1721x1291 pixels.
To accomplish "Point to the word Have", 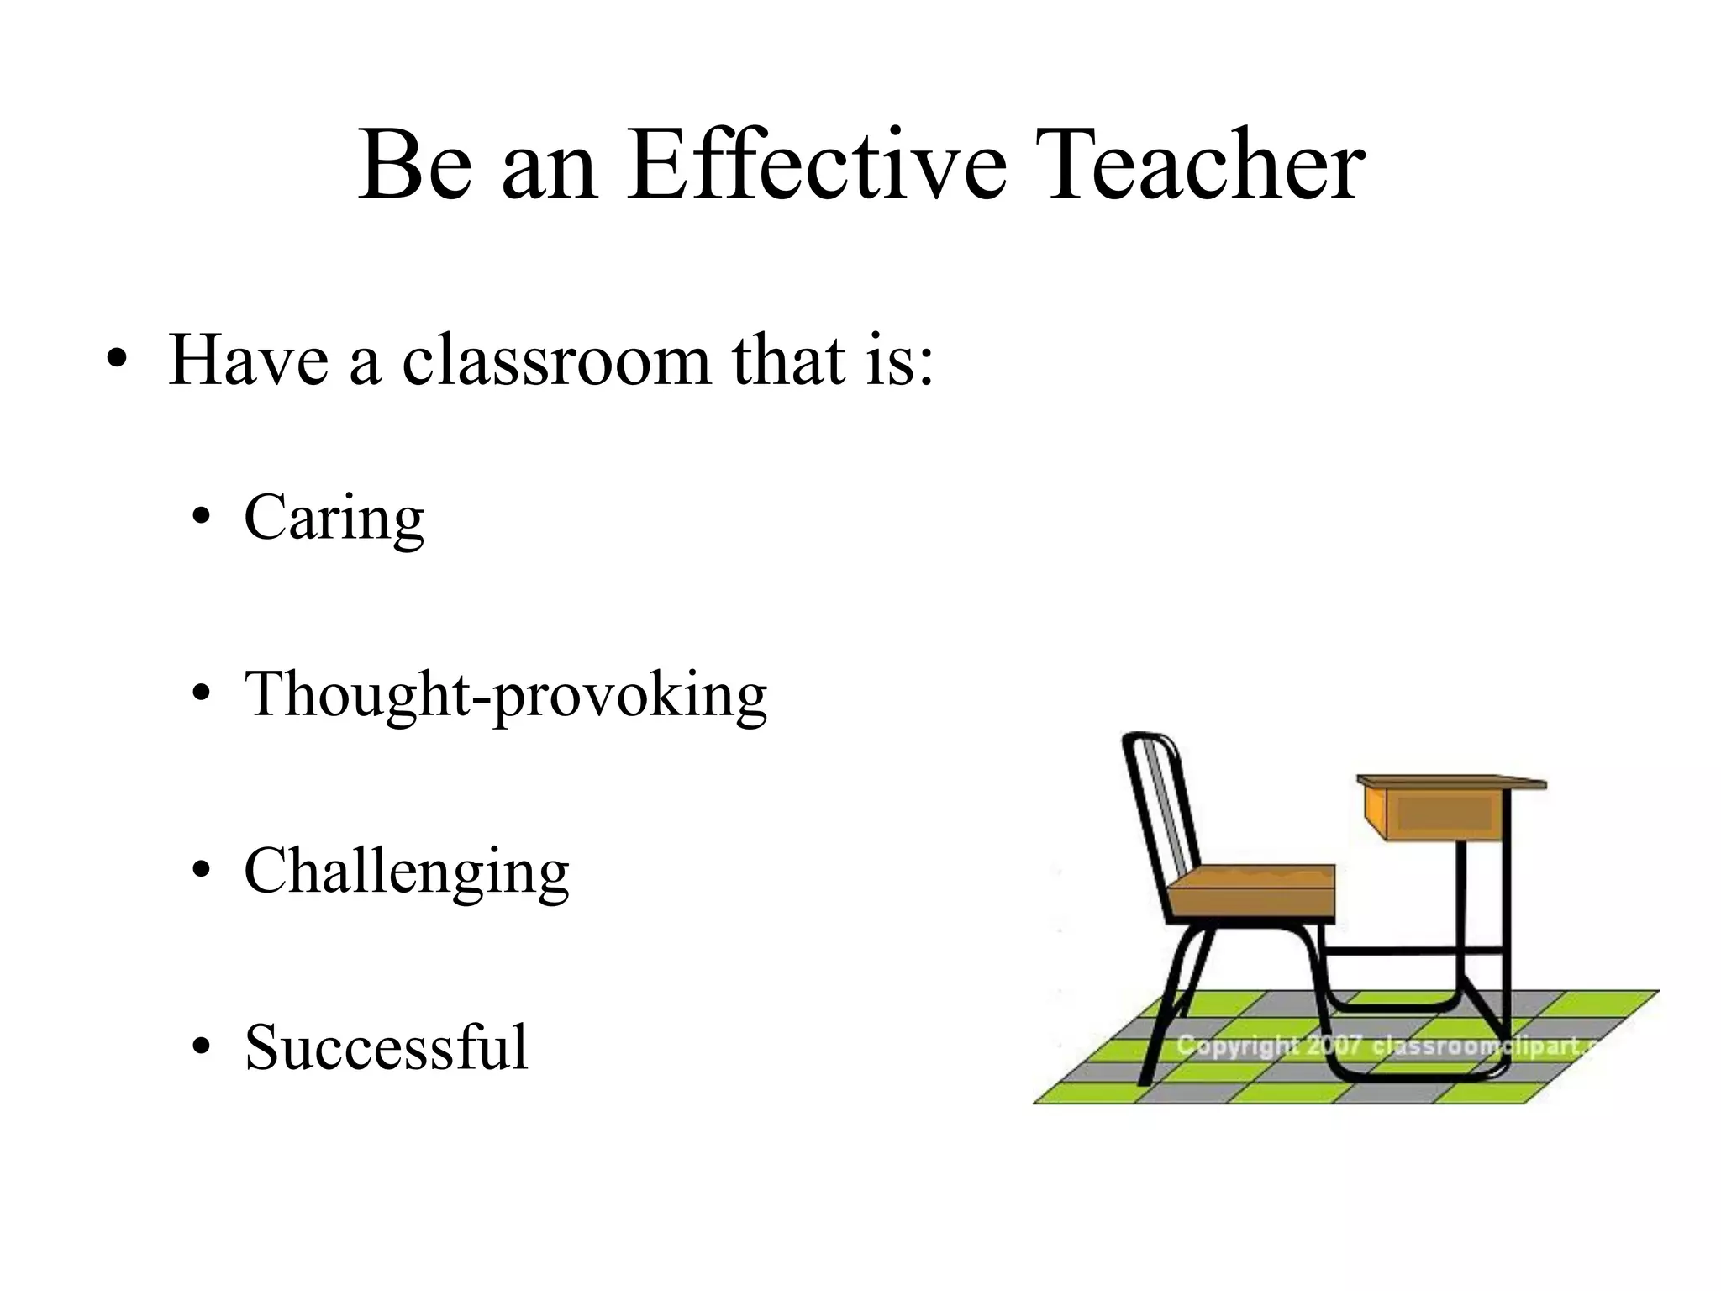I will point(249,361).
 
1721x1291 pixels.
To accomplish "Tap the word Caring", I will point(334,519).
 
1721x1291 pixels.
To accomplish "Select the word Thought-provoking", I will point(505,695).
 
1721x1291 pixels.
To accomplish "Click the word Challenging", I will point(407,872).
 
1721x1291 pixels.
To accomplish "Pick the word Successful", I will point(386,1047).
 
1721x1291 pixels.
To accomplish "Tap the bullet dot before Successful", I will point(200,1049).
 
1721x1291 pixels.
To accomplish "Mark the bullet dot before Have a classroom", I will point(118,361).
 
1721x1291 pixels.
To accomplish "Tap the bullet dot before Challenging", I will point(200,872).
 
